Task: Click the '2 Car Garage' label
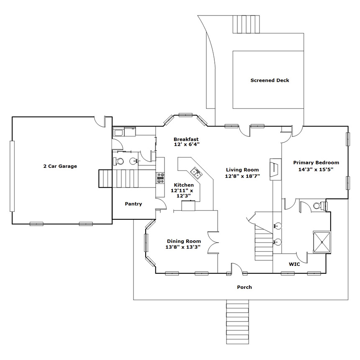[60, 166]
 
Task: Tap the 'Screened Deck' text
[270, 80]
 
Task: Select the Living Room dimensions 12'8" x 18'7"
[242, 176]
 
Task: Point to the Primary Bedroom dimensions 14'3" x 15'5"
[316, 170]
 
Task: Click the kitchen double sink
[196, 172]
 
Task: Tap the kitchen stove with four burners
[160, 178]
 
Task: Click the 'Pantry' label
[134, 204]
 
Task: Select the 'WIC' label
[294, 264]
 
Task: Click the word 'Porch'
[244, 287]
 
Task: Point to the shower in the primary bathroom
[322, 242]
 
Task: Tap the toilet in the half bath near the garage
[118, 161]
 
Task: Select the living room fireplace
[275, 169]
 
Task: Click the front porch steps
[238, 321]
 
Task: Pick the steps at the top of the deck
[246, 24]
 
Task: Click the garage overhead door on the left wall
[12, 176]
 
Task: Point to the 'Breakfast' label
[186, 139]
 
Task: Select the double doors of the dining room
[213, 242]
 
